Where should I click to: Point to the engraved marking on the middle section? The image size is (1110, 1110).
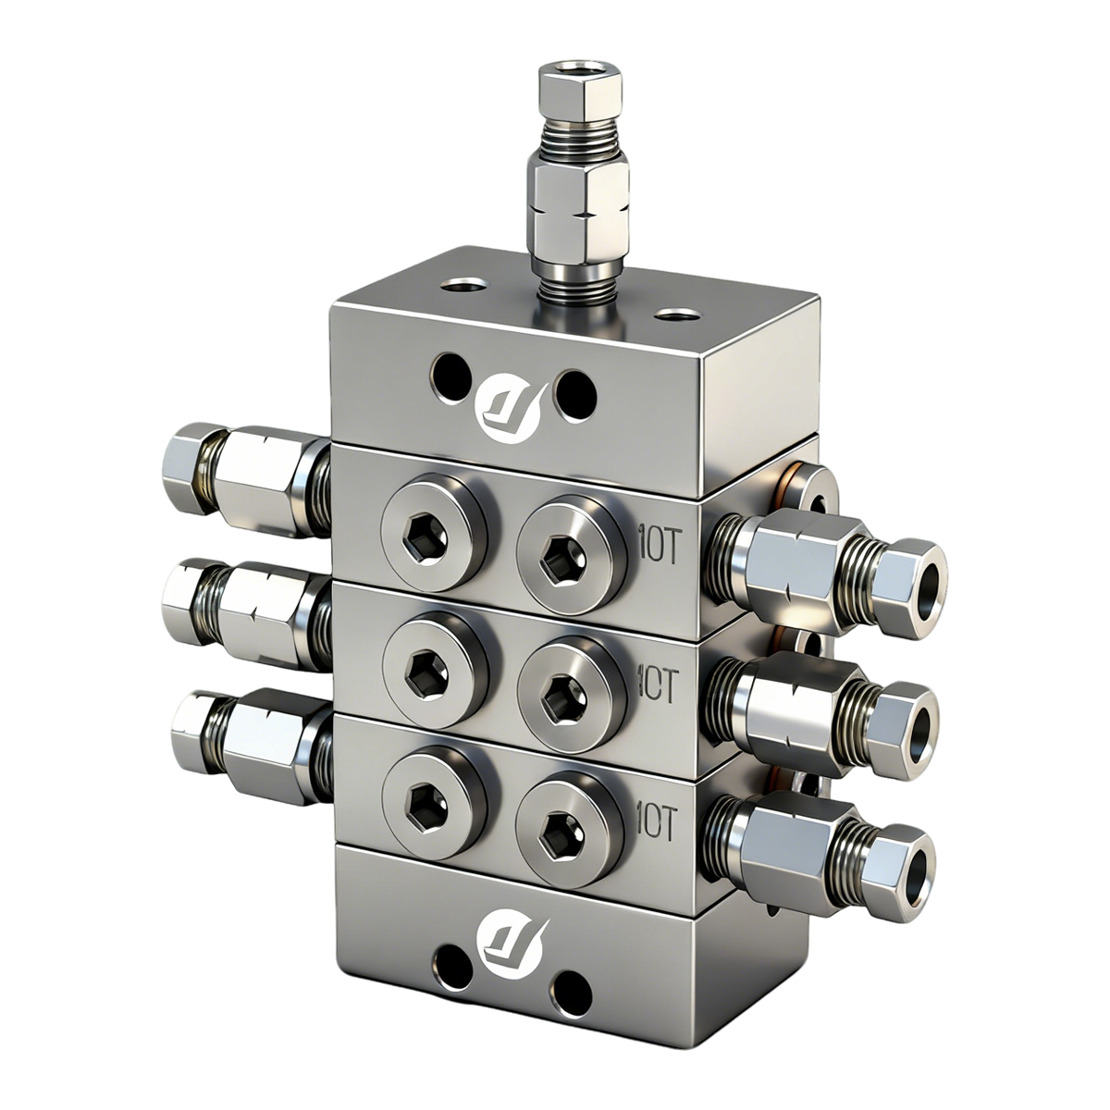point(660,686)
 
